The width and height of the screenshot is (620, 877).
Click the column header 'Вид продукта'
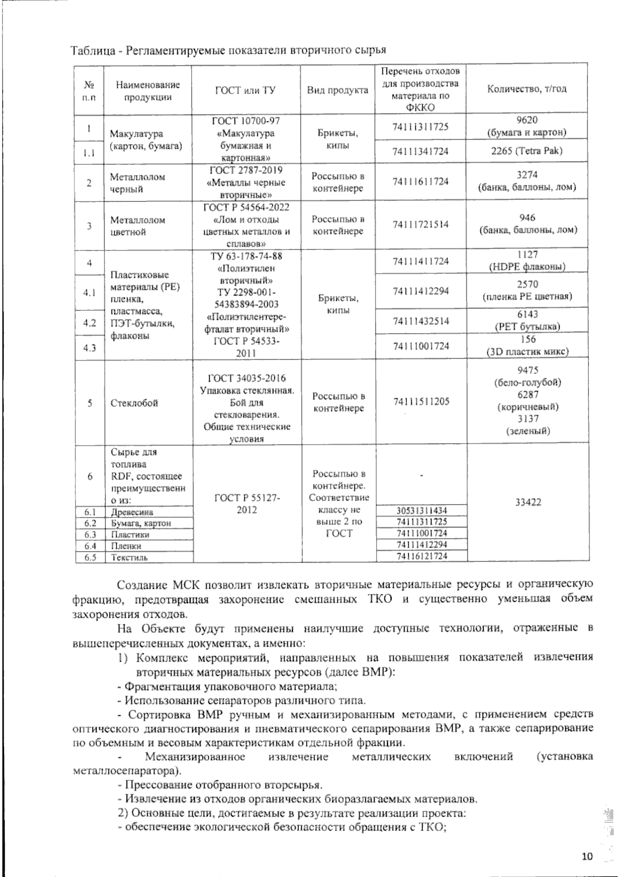(337, 89)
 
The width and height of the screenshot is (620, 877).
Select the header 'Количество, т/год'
(527, 88)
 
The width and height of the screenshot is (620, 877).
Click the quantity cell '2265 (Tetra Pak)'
(527, 151)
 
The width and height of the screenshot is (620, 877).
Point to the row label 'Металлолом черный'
(137, 183)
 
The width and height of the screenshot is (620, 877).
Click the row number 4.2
(90, 323)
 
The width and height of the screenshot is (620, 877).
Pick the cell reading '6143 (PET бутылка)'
(527, 320)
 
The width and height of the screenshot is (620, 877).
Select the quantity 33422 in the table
(528, 502)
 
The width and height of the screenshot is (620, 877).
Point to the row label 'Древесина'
(132, 512)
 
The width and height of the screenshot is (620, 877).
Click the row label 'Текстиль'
(129, 557)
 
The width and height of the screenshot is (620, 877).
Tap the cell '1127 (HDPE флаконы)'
(527, 260)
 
